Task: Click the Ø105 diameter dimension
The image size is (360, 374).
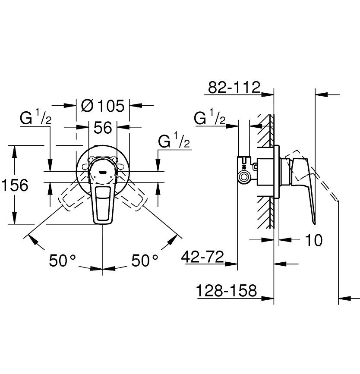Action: [103, 105]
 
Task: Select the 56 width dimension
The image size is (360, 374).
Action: [103, 127]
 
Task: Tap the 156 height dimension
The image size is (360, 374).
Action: [15, 185]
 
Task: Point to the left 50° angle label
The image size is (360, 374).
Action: [62, 260]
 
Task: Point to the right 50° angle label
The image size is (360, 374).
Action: [145, 260]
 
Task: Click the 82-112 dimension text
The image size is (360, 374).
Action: [234, 87]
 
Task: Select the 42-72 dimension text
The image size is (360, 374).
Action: [203, 257]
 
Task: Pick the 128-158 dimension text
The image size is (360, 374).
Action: [226, 290]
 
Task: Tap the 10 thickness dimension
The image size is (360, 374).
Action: [314, 240]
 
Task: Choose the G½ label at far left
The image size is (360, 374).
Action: [35, 116]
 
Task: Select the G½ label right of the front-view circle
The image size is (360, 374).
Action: [174, 141]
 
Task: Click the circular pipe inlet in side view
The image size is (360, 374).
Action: [244, 177]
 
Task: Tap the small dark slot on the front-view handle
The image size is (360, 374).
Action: [103, 172]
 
